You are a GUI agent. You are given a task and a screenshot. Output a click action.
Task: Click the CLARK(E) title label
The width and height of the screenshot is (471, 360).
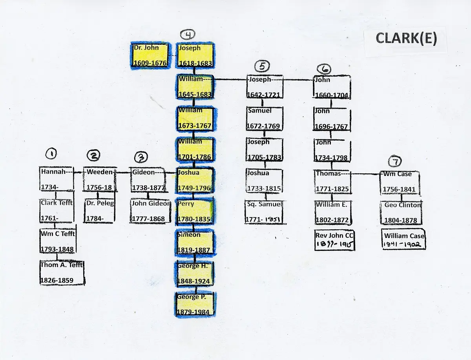[x=405, y=38]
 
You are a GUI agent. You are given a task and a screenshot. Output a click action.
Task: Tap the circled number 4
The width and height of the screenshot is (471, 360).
[x=189, y=35]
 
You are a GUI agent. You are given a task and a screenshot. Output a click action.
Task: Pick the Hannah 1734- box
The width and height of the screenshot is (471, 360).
[x=57, y=179]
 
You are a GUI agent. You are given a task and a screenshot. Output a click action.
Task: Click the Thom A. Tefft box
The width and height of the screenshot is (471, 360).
[x=62, y=273]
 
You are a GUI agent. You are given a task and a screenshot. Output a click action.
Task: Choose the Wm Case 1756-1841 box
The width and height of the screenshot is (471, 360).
[x=399, y=182]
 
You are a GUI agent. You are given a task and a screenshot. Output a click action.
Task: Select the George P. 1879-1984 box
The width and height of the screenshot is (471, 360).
[x=195, y=304]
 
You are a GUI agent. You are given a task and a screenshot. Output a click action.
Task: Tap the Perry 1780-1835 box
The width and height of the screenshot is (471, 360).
[x=195, y=211]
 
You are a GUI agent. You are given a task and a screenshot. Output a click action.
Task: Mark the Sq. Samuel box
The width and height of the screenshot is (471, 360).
[x=264, y=212]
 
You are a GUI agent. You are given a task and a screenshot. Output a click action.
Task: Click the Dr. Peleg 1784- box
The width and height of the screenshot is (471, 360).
[x=100, y=211]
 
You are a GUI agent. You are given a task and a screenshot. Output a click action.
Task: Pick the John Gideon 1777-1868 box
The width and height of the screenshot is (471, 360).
[x=151, y=211]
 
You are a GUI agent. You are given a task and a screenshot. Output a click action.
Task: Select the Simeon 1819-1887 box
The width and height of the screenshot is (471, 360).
[x=195, y=243]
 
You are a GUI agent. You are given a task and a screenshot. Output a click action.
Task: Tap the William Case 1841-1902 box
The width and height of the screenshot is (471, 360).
[x=404, y=240]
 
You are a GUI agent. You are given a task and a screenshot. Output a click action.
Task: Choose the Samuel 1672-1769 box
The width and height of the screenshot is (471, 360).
[x=264, y=118]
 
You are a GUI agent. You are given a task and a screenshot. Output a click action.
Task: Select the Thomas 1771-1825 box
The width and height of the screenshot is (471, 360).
[x=332, y=181]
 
